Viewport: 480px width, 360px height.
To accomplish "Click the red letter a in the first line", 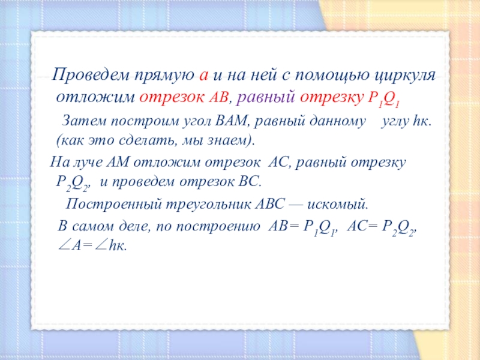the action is [x=203, y=76].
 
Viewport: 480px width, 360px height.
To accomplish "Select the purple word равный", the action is [x=265, y=98].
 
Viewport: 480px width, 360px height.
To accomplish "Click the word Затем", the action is [x=84, y=121].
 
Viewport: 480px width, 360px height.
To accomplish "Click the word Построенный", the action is [x=113, y=205].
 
